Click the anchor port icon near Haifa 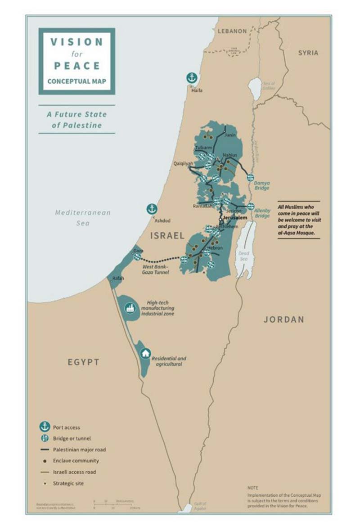pos(192,78)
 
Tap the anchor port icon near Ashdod pos(152,209)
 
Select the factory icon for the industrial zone pos(131,308)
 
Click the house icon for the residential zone pos(145,353)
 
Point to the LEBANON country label pos(232,31)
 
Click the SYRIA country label pos(308,53)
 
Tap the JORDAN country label pos(283,319)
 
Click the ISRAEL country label pos(167,235)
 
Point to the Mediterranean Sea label pos(83,218)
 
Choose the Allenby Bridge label pos(262,213)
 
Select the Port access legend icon pos(45,427)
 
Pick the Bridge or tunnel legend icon pos(45,438)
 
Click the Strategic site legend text pos(68,483)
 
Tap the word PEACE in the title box pos(77,65)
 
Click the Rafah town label pos(118,278)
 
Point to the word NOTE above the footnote pos(253,487)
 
